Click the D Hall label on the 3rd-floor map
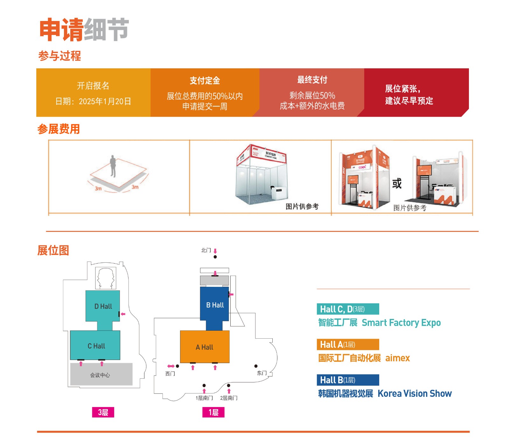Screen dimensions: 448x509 point(103,307)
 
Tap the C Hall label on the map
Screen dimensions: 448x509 point(96,346)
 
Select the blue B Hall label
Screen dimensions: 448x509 point(215,305)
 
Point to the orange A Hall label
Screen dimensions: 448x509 point(204,347)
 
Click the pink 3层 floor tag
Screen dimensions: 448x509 point(103,412)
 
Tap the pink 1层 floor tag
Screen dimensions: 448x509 point(213,412)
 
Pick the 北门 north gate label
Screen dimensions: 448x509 point(206,251)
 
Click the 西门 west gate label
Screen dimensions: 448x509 point(170,374)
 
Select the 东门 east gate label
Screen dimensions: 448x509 point(262,373)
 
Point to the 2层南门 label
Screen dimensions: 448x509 point(229,398)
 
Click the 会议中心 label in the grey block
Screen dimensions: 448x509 point(100,375)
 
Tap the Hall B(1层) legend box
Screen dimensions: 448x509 point(348,380)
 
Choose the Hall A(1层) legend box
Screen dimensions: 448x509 point(348,345)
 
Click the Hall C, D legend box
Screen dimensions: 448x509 point(348,309)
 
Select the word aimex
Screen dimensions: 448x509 point(397,358)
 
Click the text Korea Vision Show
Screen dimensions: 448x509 point(415,394)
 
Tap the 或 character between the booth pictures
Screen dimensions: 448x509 point(397,183)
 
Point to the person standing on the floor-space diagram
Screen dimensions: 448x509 point(113,166)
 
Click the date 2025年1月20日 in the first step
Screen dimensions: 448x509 point(105,101)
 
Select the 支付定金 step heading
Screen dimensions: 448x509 point(205,81)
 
